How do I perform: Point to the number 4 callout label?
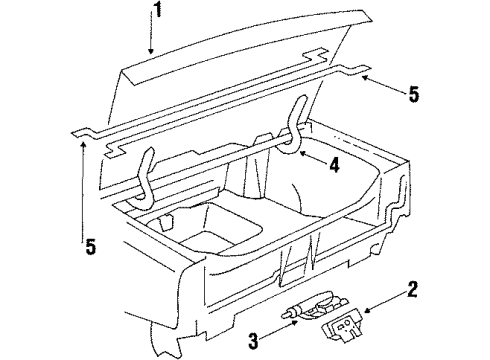[335, 167]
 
